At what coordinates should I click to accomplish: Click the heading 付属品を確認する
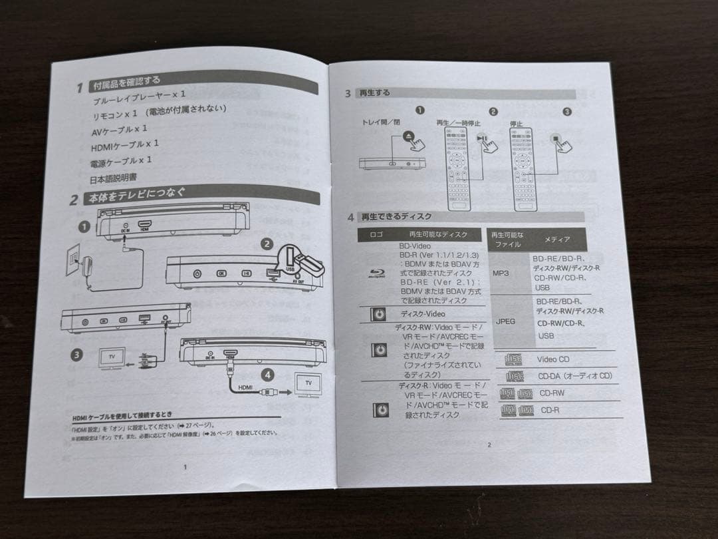click(x=126, y=83)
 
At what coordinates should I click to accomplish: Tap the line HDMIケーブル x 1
click(x=125, y=144)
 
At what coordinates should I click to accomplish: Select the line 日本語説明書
click(x=114, y=178)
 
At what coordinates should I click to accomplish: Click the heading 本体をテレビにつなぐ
click(x=138, y=196)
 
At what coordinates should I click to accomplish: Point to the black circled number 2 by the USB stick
click(x=267, y=244)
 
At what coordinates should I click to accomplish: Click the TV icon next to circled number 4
click(x=308, y=384)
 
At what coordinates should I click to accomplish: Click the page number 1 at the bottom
click(x=185, y=466)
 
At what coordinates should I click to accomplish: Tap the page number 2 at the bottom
click(x=489, y=445)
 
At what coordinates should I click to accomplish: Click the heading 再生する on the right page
click(x=374, y=93)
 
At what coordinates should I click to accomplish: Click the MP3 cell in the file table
click(x=501, y=273)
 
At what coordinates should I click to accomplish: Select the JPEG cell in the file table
click(x=505, y=321)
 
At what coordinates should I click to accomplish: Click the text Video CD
click(x=553, y=359)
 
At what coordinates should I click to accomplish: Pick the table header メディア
click(x=556, y=239)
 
